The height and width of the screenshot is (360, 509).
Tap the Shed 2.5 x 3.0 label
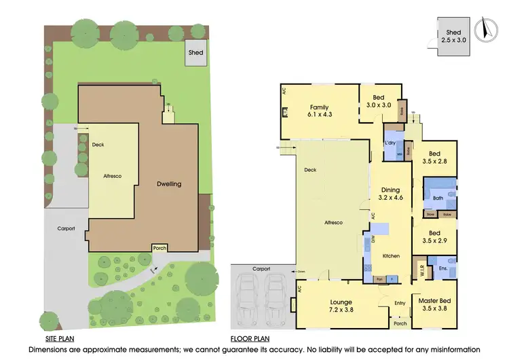coord(453,37)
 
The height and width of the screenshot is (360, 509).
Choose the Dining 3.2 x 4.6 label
coord(390,194)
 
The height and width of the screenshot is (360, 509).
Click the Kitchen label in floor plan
coord(392,255)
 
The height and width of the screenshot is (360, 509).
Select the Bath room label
coord(438,198)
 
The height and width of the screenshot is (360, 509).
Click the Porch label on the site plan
coord(159,248)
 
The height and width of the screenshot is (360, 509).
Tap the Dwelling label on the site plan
coord(168,184)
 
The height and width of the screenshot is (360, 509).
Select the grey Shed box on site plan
coord(196,54)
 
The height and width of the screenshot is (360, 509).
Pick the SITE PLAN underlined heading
coord(60,338)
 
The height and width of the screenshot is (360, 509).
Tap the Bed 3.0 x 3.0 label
coord(380,102)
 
